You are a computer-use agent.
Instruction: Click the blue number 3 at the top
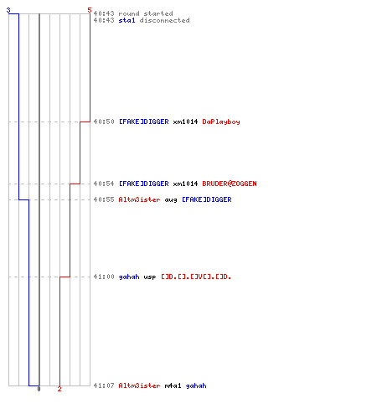coord(8,10)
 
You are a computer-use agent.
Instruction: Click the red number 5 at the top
coord(90,10)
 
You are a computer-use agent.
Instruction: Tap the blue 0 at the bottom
coord(39,389)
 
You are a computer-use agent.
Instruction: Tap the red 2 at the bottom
coord(59,389)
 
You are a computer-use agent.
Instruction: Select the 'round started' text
coord(146,13)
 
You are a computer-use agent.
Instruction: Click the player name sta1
coord(127,20)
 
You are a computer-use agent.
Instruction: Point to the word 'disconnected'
coord(164,20)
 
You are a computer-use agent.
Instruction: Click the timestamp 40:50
coord(104,122)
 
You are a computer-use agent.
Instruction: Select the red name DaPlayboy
coord(221,122)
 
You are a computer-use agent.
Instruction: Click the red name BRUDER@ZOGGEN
coord(230,184)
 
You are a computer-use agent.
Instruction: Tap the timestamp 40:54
coord(104,184)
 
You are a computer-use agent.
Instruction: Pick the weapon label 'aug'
coord(171,200)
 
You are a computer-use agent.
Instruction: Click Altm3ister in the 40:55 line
coord(139,199)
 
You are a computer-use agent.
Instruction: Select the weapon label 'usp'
coord(150,277)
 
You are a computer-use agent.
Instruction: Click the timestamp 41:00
coord(104,277)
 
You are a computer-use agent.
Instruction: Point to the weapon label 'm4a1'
coord(173,385)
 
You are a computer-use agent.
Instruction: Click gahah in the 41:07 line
coord(196,385)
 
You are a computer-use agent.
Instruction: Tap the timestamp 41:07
coord(104,385)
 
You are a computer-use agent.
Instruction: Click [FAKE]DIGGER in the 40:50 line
coord(144,122)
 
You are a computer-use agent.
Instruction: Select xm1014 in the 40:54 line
coord(185,184)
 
